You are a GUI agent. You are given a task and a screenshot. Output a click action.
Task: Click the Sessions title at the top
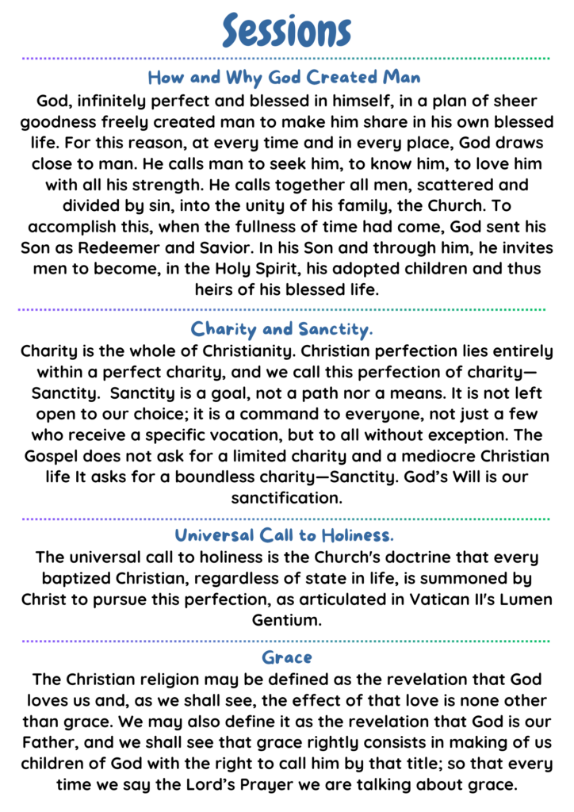tap(286, 30)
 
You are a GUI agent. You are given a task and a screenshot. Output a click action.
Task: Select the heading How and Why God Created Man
tap(284, 79)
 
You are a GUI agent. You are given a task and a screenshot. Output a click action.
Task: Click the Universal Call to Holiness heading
tap(285, 534)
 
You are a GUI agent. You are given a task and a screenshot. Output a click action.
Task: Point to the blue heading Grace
tap(286, 657)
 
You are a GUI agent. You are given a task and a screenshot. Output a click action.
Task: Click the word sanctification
tap(286, 498)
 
